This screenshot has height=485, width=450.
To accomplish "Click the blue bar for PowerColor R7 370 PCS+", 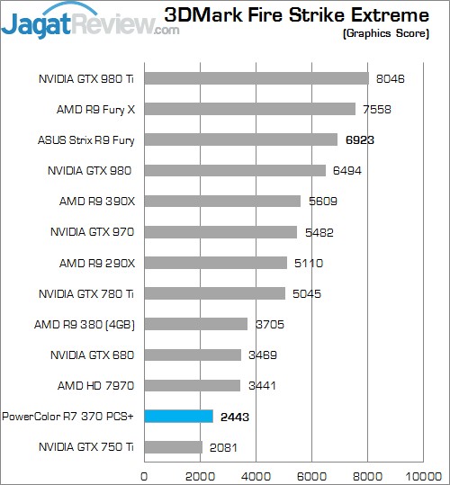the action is (179, 417).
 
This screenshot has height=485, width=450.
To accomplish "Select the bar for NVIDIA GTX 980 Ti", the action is (256, 78).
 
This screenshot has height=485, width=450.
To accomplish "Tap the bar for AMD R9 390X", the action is (222, 201).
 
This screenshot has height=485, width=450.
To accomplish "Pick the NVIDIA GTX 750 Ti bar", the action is (174, 447).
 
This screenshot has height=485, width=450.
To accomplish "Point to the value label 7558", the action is (377, 109).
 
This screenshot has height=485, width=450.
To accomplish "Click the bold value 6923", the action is (360, 140).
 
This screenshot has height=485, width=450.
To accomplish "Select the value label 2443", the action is (235, 417).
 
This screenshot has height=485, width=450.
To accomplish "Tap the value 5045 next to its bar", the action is (307, 293).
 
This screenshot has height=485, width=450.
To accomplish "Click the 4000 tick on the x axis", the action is (256, 476).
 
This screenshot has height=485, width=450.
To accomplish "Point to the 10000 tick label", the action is (423, 476).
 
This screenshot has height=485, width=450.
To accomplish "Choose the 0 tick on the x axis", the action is (144, 476).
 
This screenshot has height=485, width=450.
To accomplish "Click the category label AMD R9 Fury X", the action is (96, 110).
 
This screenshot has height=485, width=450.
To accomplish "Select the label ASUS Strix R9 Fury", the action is (86, 140).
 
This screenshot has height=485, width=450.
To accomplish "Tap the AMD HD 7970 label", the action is (96, 385).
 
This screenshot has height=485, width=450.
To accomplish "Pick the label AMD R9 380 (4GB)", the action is (85, 325).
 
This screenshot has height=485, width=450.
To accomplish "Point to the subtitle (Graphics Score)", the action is (386, 33).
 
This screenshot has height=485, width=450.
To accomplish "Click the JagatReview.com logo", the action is (90, 22).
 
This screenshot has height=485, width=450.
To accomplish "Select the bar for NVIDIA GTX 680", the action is (193, 355).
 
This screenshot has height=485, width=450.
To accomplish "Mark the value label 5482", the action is (319, 232).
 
